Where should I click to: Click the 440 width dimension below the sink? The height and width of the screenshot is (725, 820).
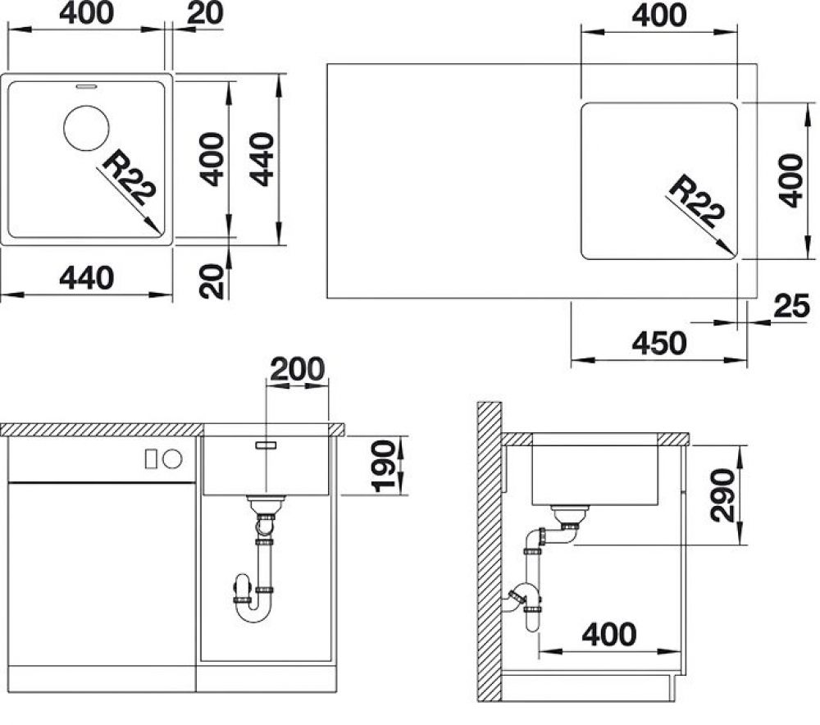(87, 278)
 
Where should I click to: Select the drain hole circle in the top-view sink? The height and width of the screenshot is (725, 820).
(86, 128)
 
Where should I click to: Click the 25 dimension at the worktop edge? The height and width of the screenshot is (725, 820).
(790, 306)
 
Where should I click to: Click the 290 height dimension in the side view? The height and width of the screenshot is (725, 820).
(722, 495)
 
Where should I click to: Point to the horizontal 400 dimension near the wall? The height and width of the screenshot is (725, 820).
(608, 634)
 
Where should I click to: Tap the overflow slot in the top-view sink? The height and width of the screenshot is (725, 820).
(86, 84)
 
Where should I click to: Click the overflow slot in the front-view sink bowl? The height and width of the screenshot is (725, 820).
(266, 444)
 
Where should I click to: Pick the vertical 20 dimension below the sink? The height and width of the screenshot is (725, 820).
(212, 281)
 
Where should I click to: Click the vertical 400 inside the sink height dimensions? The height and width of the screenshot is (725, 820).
(212, 159)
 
